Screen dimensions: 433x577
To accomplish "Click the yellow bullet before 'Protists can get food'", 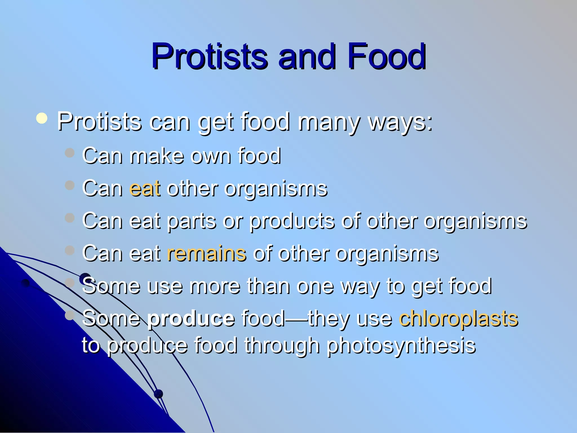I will coord(42,118).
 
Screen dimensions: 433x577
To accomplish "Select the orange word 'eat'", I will coord(145,188).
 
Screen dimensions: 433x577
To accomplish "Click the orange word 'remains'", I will coord(207,253).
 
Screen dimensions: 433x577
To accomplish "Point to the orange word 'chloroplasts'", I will coord(458,319).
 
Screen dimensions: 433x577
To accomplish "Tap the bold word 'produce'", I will coord(191,319).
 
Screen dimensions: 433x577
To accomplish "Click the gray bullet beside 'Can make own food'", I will coord(69,153).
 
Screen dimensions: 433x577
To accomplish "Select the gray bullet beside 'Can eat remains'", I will coord(69,250).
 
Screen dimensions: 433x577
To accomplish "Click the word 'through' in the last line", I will coord(282,346).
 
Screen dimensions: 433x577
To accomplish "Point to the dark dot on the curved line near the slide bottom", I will coord(159,394).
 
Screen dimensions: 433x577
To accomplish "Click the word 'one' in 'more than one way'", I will coord(315,286).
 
